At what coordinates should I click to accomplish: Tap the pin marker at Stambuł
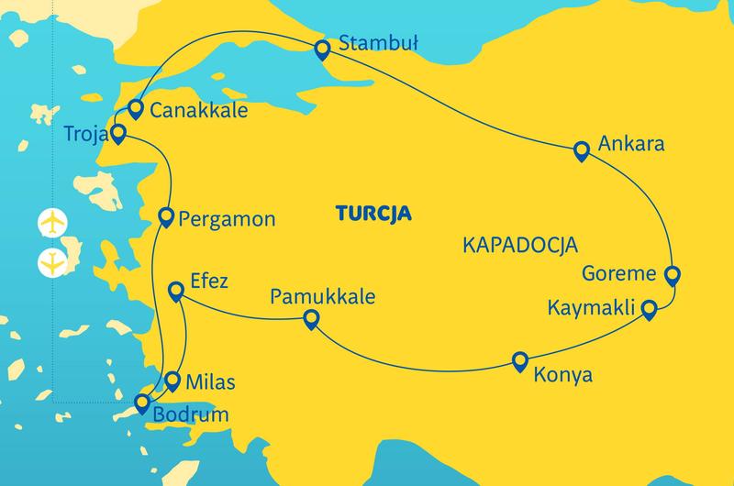pos(321,50)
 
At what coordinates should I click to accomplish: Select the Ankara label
pos(630,145)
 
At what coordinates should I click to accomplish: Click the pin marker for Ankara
pos(580,150)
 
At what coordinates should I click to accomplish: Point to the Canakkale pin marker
pos(135,108)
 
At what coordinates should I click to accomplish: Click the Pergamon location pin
pos(166,216)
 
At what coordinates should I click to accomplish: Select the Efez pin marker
pos(177,292)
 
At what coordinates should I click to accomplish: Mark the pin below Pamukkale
pos(311,319)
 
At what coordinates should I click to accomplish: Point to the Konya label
pos(563,375)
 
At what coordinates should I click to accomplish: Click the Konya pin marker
pos(520,360)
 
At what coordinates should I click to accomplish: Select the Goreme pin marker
pos(672,273)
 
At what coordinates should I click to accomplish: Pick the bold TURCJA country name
pos(373,214)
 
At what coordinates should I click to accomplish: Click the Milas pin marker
pos(172,379)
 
